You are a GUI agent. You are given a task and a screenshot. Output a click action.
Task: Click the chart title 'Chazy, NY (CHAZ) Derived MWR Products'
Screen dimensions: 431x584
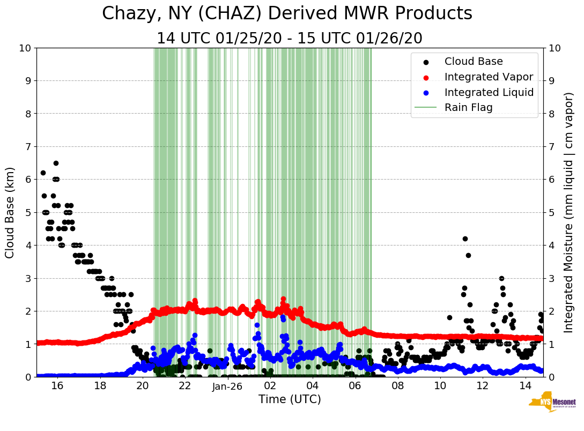pyautogui.click(x=287, y=13)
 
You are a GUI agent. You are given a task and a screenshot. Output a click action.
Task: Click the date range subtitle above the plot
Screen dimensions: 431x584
pyautogui.click(x=290, y=39)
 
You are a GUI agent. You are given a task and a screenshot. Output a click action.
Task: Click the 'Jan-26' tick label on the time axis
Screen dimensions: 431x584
pyautogui.click(x=227, y=386)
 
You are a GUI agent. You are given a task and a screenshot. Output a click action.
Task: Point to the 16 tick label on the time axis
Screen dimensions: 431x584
pyautogui.click(x=57, y=386)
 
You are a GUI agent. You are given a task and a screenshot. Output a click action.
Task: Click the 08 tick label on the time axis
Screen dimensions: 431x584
pyautogui.click(x=397, y=386)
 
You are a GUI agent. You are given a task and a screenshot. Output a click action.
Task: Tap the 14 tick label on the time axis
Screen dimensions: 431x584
pyautogui.click(x=525, y=386)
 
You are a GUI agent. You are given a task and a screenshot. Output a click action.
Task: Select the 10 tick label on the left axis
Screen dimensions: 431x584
pyautogui.click(x=25, y=48)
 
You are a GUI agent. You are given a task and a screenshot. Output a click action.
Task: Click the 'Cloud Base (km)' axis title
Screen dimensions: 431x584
pyautogui.click(x=10, y=212)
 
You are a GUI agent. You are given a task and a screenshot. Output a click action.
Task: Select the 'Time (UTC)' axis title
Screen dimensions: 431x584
pyautogui.click(x=290, y=399)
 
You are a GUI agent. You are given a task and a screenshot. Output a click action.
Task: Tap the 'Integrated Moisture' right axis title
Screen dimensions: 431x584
pyautogui.click(x=570, y=212)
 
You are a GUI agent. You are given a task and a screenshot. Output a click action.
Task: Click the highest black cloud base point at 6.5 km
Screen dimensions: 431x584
pyautogui.click(x=56, y=163)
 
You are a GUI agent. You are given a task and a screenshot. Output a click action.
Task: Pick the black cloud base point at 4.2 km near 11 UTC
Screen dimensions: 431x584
pyautogui.click(x=465, y=239)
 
